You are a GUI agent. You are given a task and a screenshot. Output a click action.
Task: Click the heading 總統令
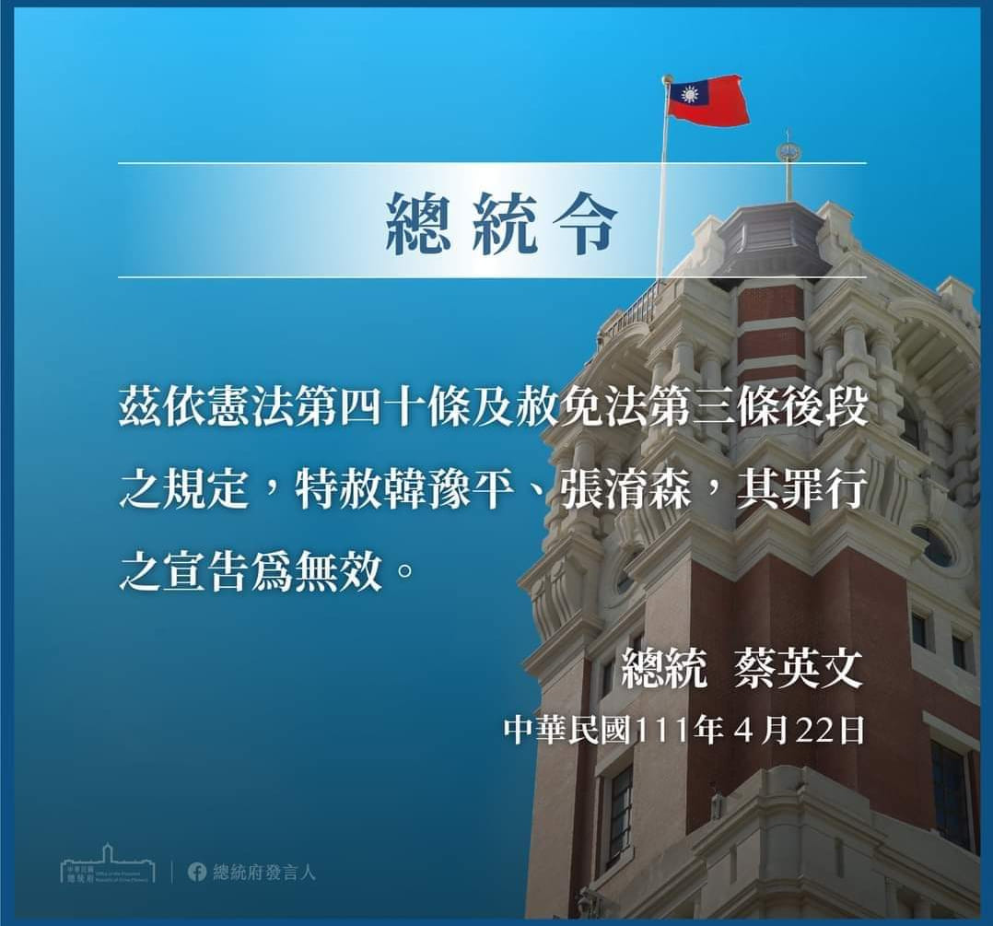(501, 224)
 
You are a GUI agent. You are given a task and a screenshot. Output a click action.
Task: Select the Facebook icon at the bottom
(196, 871)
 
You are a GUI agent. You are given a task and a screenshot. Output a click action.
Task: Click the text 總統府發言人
(263, 871)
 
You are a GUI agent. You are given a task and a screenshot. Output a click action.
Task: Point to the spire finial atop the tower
(789, 152)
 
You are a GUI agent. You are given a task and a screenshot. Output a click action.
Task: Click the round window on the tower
(935, 545)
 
